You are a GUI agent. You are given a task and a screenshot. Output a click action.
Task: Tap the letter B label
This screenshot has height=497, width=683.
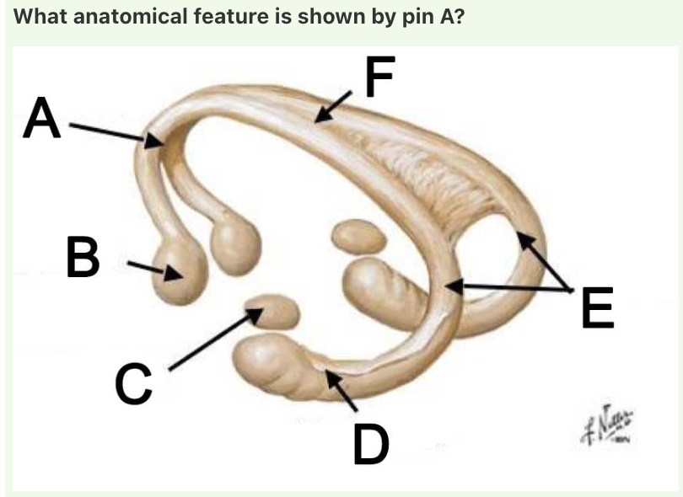(x=83, y=258)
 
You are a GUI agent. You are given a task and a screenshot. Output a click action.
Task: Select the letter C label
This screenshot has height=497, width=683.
(x=133, y=383)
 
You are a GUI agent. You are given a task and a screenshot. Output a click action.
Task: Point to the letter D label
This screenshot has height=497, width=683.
(x=371, y=443)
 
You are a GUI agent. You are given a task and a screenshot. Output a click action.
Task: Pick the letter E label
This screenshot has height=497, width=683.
(x=598, y=307)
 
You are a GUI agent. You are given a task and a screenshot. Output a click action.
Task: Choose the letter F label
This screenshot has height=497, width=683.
(x=379, y=77)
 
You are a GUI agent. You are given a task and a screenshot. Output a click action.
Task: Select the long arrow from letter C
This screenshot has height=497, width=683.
(x=216, y=339)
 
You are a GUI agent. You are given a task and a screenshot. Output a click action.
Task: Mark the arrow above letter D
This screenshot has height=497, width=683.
(x=341, y=393)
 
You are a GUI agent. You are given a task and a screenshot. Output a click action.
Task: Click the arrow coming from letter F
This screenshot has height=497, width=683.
(x=334, y=107)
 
